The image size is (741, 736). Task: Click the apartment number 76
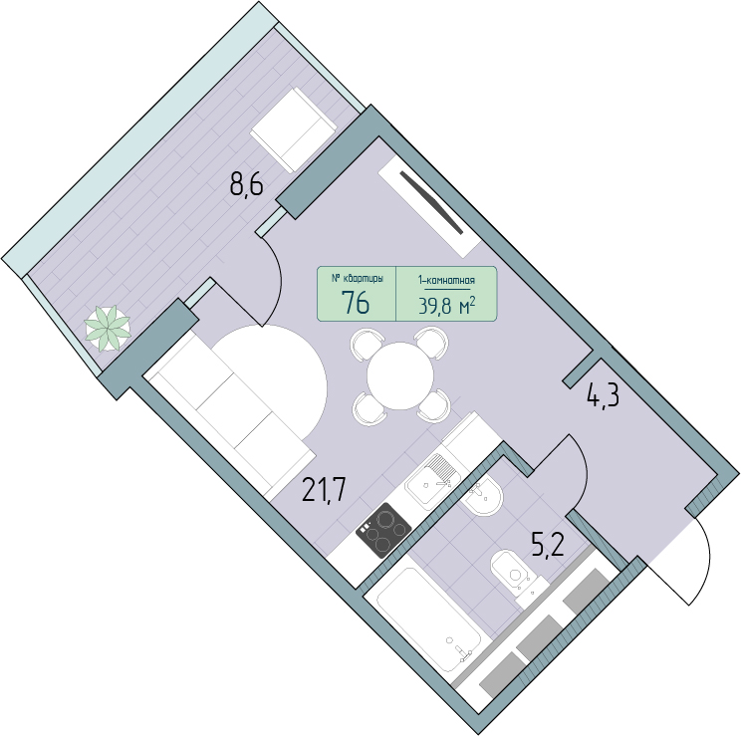tap(356, 303)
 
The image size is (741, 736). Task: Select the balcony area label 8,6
tap(246, 184)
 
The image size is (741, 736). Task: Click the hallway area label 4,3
tap(603, 395)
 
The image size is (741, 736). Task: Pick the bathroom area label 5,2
tap(548, 548)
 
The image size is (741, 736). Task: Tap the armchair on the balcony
tap(293, 129)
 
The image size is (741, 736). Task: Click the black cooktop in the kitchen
tap(383, 530)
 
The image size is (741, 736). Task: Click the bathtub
tap(428, 618)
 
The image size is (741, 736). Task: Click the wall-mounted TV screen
tap(431, 202)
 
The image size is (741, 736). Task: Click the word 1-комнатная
tap(446, 280)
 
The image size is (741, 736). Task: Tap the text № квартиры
tap(357, 279)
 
